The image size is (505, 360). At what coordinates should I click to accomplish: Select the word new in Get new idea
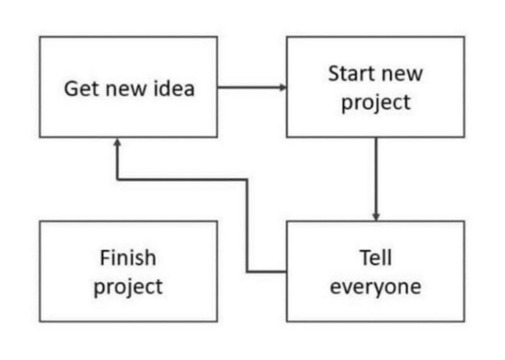[126, 91]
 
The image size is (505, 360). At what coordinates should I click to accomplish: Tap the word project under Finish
[128, 288]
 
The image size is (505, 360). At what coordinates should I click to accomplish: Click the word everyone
[376, 289]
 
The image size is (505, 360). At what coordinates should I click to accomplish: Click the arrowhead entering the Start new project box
[283, 87]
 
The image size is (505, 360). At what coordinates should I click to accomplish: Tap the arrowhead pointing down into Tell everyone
[376, 217]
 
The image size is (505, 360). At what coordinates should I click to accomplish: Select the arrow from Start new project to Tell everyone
[376, 179]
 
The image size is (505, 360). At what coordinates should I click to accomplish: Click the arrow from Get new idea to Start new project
[252, 87]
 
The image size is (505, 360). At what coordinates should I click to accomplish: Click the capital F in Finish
[105, 258]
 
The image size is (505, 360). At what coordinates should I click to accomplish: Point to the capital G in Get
[72, 89]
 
